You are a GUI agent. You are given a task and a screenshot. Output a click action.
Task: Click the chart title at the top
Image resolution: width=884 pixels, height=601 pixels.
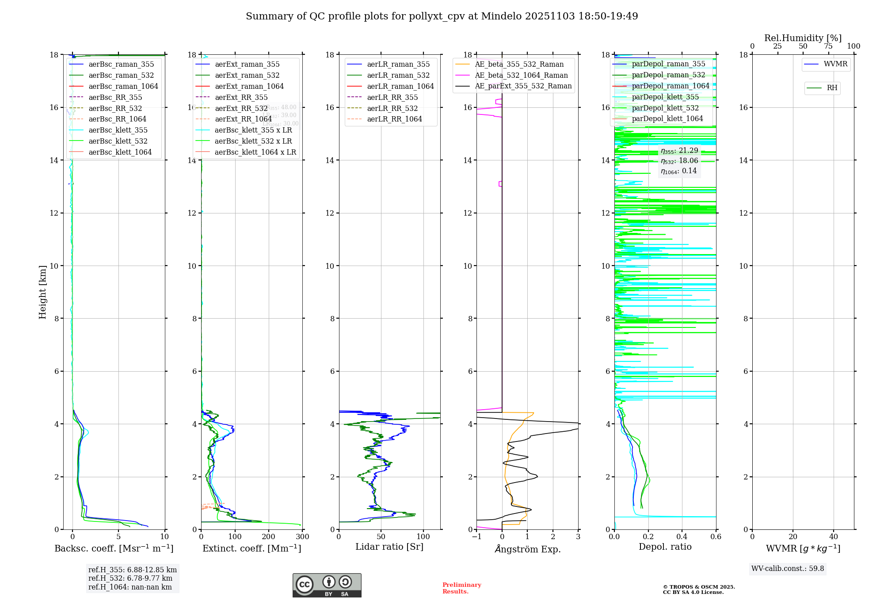coord(442,16)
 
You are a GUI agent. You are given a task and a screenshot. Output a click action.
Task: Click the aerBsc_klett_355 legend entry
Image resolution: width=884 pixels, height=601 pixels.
coord(118,130)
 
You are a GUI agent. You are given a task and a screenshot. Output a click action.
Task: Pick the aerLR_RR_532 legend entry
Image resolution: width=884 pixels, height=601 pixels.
coord(392,109)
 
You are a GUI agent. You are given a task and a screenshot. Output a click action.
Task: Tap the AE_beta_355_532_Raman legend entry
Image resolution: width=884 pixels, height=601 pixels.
coord(519,65)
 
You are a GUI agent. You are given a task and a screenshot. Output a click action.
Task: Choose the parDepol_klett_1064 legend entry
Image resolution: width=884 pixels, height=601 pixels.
coord(667,119)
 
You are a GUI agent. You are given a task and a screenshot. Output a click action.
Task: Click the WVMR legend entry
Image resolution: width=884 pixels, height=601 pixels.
coord(835,64)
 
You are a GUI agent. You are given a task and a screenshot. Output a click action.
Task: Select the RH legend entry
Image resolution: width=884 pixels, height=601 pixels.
coord(832,88)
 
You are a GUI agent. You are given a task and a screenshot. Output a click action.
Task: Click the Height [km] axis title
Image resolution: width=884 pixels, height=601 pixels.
coord(42,292)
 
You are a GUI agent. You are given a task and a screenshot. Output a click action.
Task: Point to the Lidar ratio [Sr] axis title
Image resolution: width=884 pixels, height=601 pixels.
coord(389,547)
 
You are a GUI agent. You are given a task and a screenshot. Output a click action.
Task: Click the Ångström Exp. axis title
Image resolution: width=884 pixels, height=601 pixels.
coord(527,549)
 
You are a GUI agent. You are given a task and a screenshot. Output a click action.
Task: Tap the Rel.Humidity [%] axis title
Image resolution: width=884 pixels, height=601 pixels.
coord(803,38)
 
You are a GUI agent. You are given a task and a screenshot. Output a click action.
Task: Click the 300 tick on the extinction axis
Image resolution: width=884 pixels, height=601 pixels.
coord(302,537)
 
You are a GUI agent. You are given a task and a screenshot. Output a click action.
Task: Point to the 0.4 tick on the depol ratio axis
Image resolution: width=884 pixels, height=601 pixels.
coord(682,537)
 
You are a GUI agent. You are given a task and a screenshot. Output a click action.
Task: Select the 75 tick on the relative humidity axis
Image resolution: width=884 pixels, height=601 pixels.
coord(828,46)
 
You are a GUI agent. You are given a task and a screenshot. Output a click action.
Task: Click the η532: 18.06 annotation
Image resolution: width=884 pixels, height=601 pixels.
coord(679,161)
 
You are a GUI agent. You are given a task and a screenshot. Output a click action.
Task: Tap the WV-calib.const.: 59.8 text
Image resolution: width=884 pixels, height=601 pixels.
coord(788,569)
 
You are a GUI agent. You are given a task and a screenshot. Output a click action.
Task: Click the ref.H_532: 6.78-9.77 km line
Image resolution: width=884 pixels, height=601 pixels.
coord(130,578)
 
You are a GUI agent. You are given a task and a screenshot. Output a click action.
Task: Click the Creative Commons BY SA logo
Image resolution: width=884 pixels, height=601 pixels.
coord(327,586)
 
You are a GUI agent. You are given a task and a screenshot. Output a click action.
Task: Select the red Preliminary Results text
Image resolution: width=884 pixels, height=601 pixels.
coord(461,588)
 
